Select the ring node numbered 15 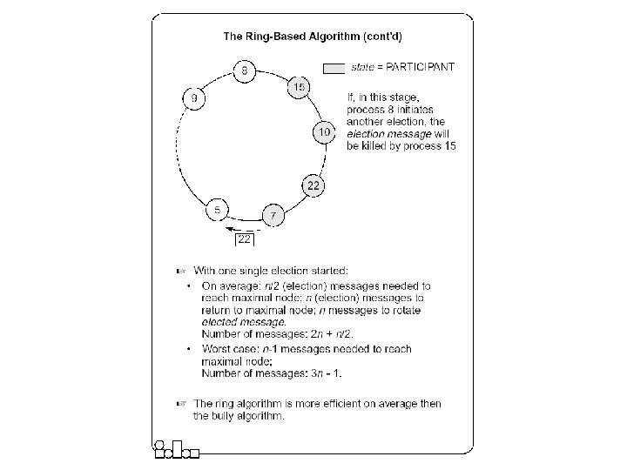tap(299, 88)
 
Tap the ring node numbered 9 tap(193, 98)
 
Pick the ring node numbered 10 tap(323, 132)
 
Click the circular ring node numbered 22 tap(313, 185)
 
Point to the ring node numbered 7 tap(273, 216)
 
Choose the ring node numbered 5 tap(216, 210)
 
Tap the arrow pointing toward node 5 tap(230, 230)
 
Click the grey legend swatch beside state tap(334, 67)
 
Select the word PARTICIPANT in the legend tap(421, 66)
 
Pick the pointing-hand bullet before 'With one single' tap(182, 271)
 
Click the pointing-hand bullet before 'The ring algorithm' tap(182, 404)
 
